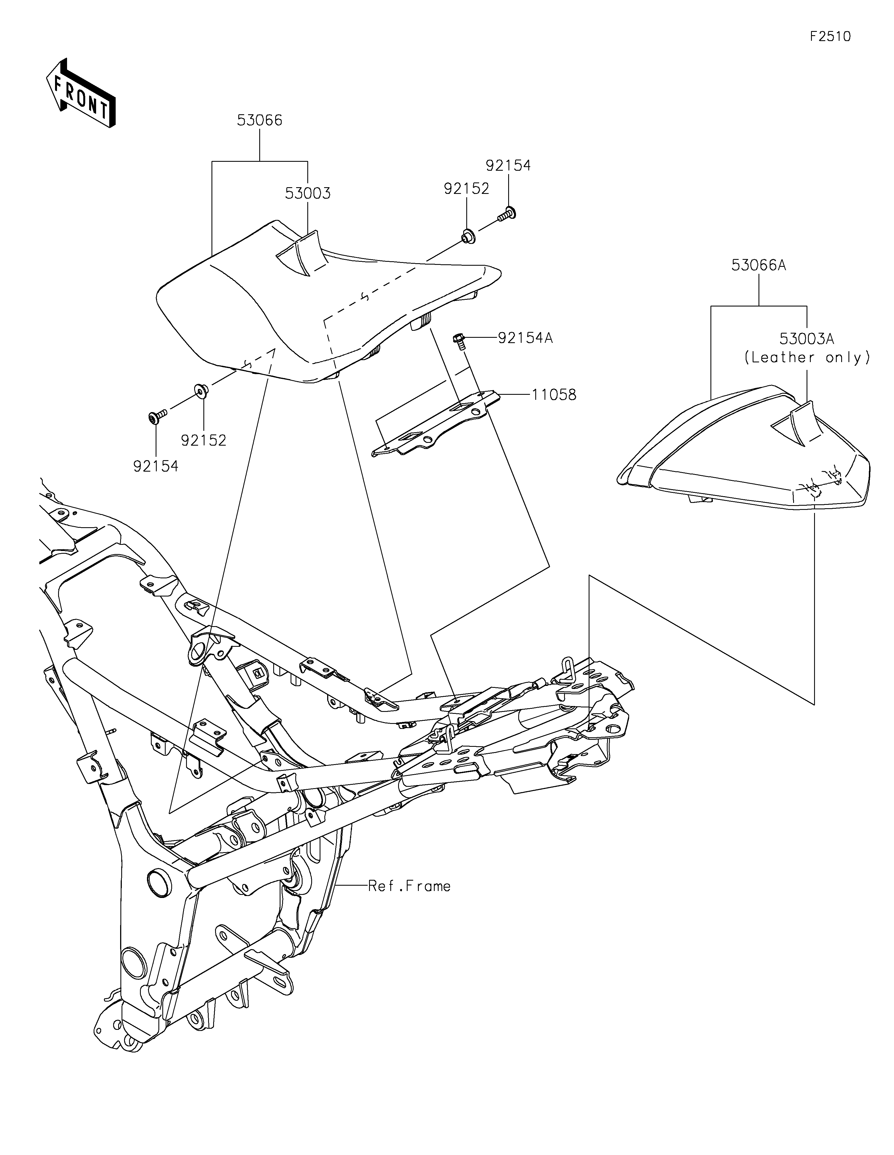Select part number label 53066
[x=260, y=121]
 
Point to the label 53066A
[x=759, y=265]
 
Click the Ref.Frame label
[x=409, y=886]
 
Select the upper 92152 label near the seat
[x=466, y=189]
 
